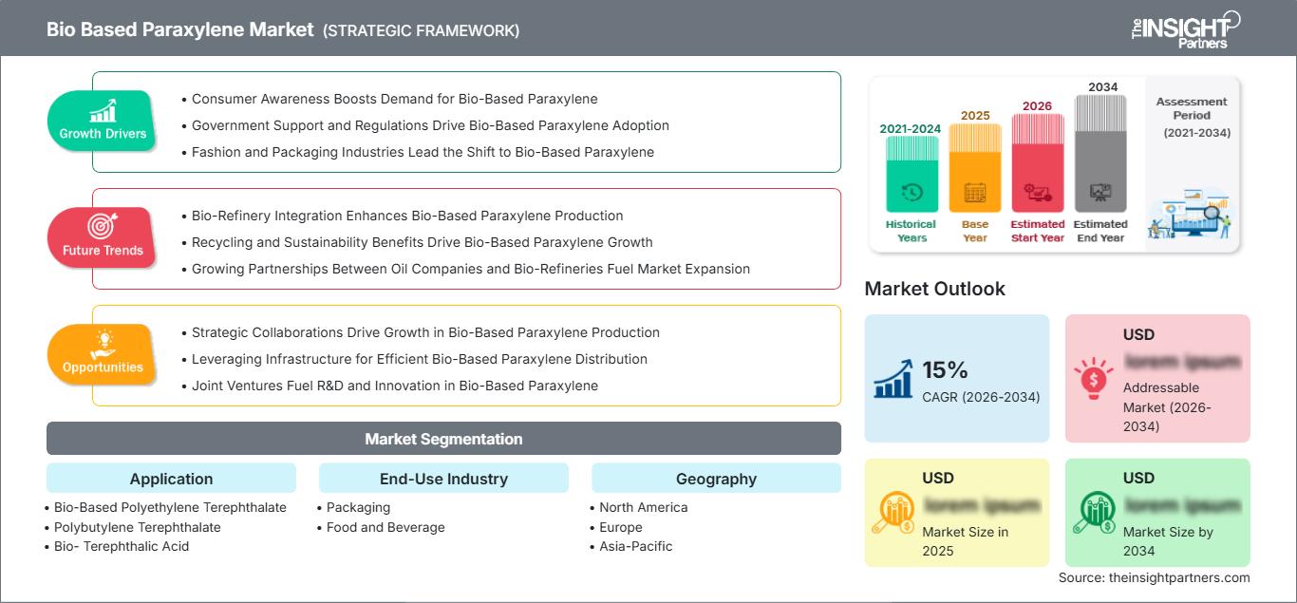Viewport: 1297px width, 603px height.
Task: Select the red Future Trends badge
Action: click(103, 237)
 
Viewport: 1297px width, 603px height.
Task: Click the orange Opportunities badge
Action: click(103, 354)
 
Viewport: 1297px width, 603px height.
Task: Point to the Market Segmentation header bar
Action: click(443, 439)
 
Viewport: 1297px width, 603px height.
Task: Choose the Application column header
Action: click(171, 479)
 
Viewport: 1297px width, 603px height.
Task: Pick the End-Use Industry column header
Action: click(443, 479)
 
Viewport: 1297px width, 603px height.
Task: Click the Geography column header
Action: click(716, 479)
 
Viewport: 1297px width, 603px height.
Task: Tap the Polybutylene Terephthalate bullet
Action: click(137, 527)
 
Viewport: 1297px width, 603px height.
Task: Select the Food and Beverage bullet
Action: click(385, 527)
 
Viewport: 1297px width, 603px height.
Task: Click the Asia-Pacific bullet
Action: click(635, 546)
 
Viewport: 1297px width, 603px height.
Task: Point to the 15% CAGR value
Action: click(945, 370)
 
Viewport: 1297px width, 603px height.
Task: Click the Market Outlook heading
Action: click(934, 289)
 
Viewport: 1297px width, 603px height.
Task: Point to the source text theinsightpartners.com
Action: click(1154, 577)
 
